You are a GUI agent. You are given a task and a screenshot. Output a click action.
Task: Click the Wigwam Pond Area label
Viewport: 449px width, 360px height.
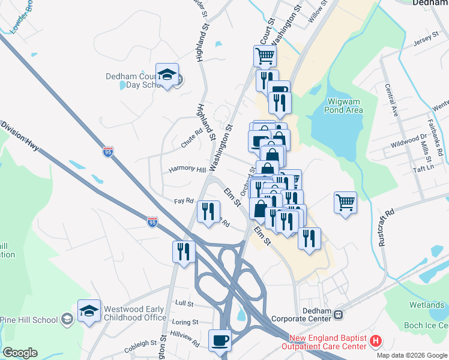coord(343,106)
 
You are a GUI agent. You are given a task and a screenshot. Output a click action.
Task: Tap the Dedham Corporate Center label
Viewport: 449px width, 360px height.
coord(302,314)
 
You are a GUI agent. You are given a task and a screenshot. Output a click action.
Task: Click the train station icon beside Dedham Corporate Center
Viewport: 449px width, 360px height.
coord(339,314)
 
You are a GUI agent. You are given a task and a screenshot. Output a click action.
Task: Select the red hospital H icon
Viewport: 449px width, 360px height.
coord(376,342)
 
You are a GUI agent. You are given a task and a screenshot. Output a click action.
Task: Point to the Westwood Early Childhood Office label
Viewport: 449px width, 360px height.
coord(135,313)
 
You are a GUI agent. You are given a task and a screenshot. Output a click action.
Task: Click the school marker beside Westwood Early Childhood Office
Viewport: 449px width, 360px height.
coord(89,311)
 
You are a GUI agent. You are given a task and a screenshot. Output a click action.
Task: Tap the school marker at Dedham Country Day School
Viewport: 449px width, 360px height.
coord(167,75)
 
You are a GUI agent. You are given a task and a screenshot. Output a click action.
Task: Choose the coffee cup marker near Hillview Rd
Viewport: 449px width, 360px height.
coord(219,341)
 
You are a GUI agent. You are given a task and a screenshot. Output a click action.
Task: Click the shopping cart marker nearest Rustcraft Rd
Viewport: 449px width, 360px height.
coord(345,203)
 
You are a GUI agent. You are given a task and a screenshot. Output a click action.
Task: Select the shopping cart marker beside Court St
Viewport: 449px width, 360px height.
coord(265,56)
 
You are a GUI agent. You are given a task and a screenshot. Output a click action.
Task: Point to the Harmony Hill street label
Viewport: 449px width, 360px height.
coord(186,169)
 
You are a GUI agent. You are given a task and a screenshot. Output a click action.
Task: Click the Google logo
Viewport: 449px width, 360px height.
coord(20,353)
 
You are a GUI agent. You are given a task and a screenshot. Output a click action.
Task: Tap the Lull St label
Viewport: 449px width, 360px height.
coord(182,303)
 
